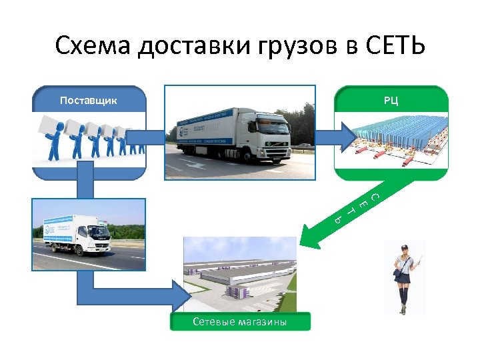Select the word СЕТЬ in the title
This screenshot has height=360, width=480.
(x=395, y=47)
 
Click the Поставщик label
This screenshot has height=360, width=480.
(x=89, y=101)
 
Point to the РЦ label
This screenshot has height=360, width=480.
(x=391, y=101)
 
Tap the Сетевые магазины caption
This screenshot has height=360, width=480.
(x=240, y=323)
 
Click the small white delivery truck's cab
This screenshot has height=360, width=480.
(x=96, y=237)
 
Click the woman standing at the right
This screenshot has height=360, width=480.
(x=405, y=277)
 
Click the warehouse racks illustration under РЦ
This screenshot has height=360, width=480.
(x=393, y=143)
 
